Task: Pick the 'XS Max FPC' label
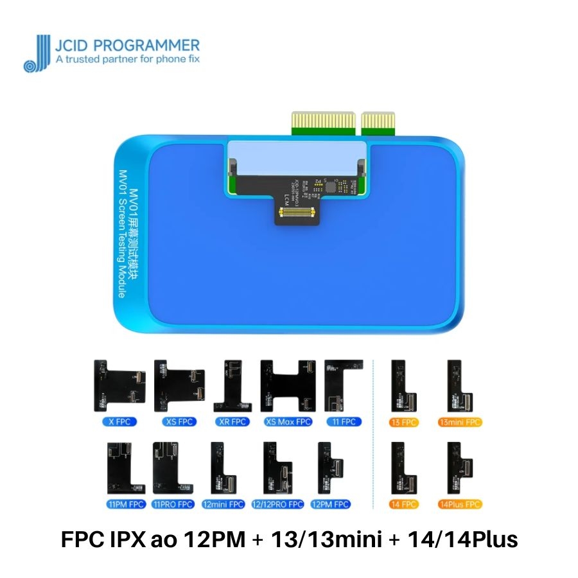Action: tap(287, 422)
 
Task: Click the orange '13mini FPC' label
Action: tap(459, 422)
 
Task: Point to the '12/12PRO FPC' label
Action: tap(277, 504)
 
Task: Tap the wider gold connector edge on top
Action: tap(323, 121)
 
